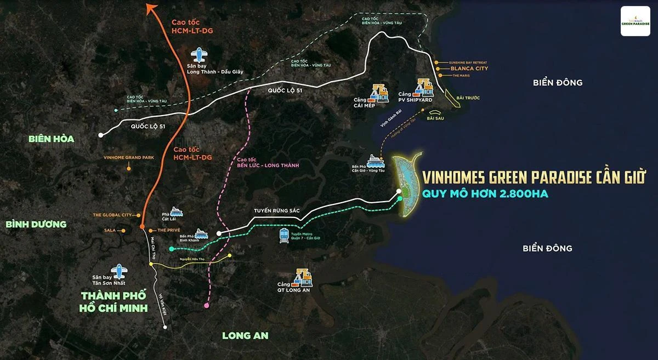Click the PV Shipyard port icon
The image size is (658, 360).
click(x=424, y=87)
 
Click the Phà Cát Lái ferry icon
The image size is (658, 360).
click(x=177, y=212)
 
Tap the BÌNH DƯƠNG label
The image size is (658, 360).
click(x=36, y=224)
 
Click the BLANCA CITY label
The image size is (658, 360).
click(x=469, y=69)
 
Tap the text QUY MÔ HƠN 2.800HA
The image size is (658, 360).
click(x=485, y=193)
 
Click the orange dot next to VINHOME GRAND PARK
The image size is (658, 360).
click(x=128, y=168)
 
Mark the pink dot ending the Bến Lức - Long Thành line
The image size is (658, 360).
click(x=206, y=305)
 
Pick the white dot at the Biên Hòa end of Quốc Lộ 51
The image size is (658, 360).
click(x=100, y=135)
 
